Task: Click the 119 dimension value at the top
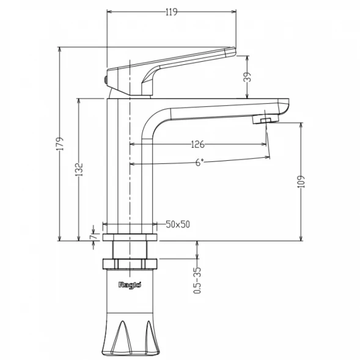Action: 172,12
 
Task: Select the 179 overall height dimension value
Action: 60,144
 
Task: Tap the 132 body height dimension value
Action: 79,169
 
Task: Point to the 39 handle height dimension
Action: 248,77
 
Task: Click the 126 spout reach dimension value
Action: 197,144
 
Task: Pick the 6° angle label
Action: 199,163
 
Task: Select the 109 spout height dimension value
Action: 301,182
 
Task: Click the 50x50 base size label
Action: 178,224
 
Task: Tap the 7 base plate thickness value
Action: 93,237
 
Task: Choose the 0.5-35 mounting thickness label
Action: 197,281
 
